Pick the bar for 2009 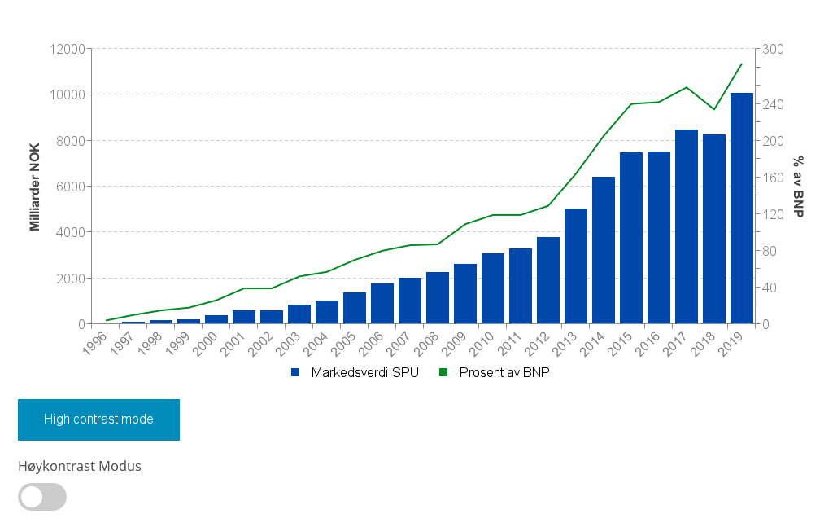tap(465, 294)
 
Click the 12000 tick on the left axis tap(68, 49)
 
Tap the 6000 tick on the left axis tap(71, 187)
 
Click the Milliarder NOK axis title tap(35, 187)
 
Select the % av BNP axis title tap(799, 187)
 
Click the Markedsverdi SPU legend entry tap(355, 372)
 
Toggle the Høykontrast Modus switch tap(42, 497)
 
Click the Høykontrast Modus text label tap(80, 466)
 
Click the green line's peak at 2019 tap(741, 64)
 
